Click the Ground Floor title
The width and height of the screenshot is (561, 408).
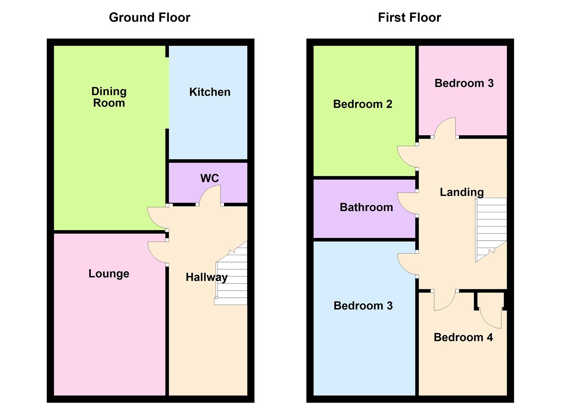(150, 18)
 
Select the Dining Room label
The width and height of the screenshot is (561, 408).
(109, 97)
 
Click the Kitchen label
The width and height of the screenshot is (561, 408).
(210, 92)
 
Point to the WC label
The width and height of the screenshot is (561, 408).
(210, 178)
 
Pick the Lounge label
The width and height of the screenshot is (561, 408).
(109, 274)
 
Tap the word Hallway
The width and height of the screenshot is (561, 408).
(207, 278)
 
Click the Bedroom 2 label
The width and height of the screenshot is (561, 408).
(362, 104)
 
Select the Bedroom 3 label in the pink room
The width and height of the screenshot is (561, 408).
(464, 83)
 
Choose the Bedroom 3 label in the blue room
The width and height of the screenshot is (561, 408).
(363, 306)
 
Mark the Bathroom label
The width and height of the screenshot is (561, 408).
(366, 207)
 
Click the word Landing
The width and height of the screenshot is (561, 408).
(462, 192)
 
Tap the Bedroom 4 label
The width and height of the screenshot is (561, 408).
(463, 337)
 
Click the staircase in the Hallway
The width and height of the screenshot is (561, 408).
(231, 273)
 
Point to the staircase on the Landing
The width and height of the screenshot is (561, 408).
(491, 229)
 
